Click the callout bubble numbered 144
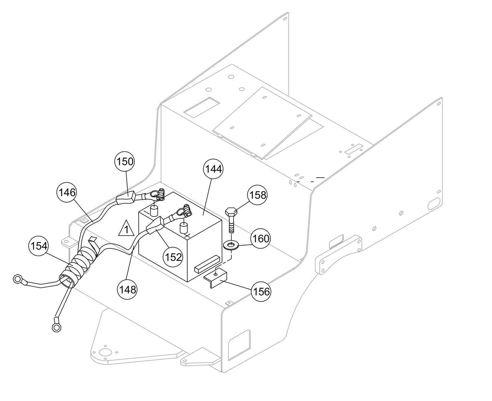point(213,169)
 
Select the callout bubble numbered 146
point(66,193)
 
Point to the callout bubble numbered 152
point(173,257)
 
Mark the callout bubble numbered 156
point(261,291)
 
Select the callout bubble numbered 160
point(261,238)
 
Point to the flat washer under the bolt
point(231,244)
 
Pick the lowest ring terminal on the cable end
point(55,327)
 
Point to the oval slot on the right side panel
point(434,204)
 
